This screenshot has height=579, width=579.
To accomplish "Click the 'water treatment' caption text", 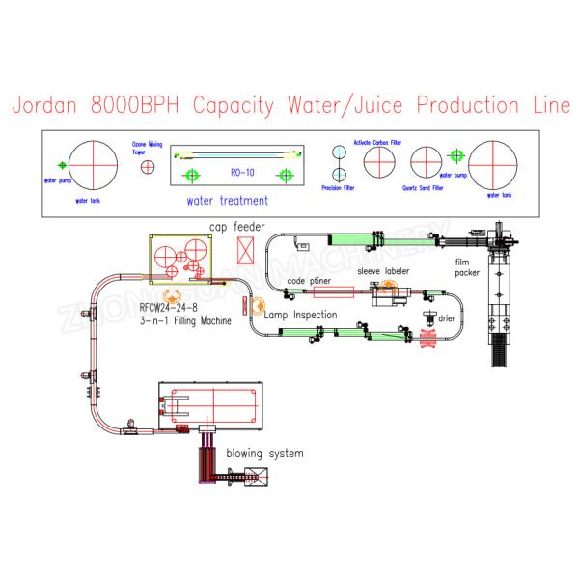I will (228, 202).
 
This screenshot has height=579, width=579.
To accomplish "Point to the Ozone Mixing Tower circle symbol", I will (147, 168).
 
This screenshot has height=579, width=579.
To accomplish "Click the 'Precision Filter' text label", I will (339, 189).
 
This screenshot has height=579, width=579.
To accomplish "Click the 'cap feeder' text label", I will (236, 228).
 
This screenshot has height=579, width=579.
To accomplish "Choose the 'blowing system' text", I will (264, 453).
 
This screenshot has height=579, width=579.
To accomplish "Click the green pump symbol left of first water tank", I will (60, 163).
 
